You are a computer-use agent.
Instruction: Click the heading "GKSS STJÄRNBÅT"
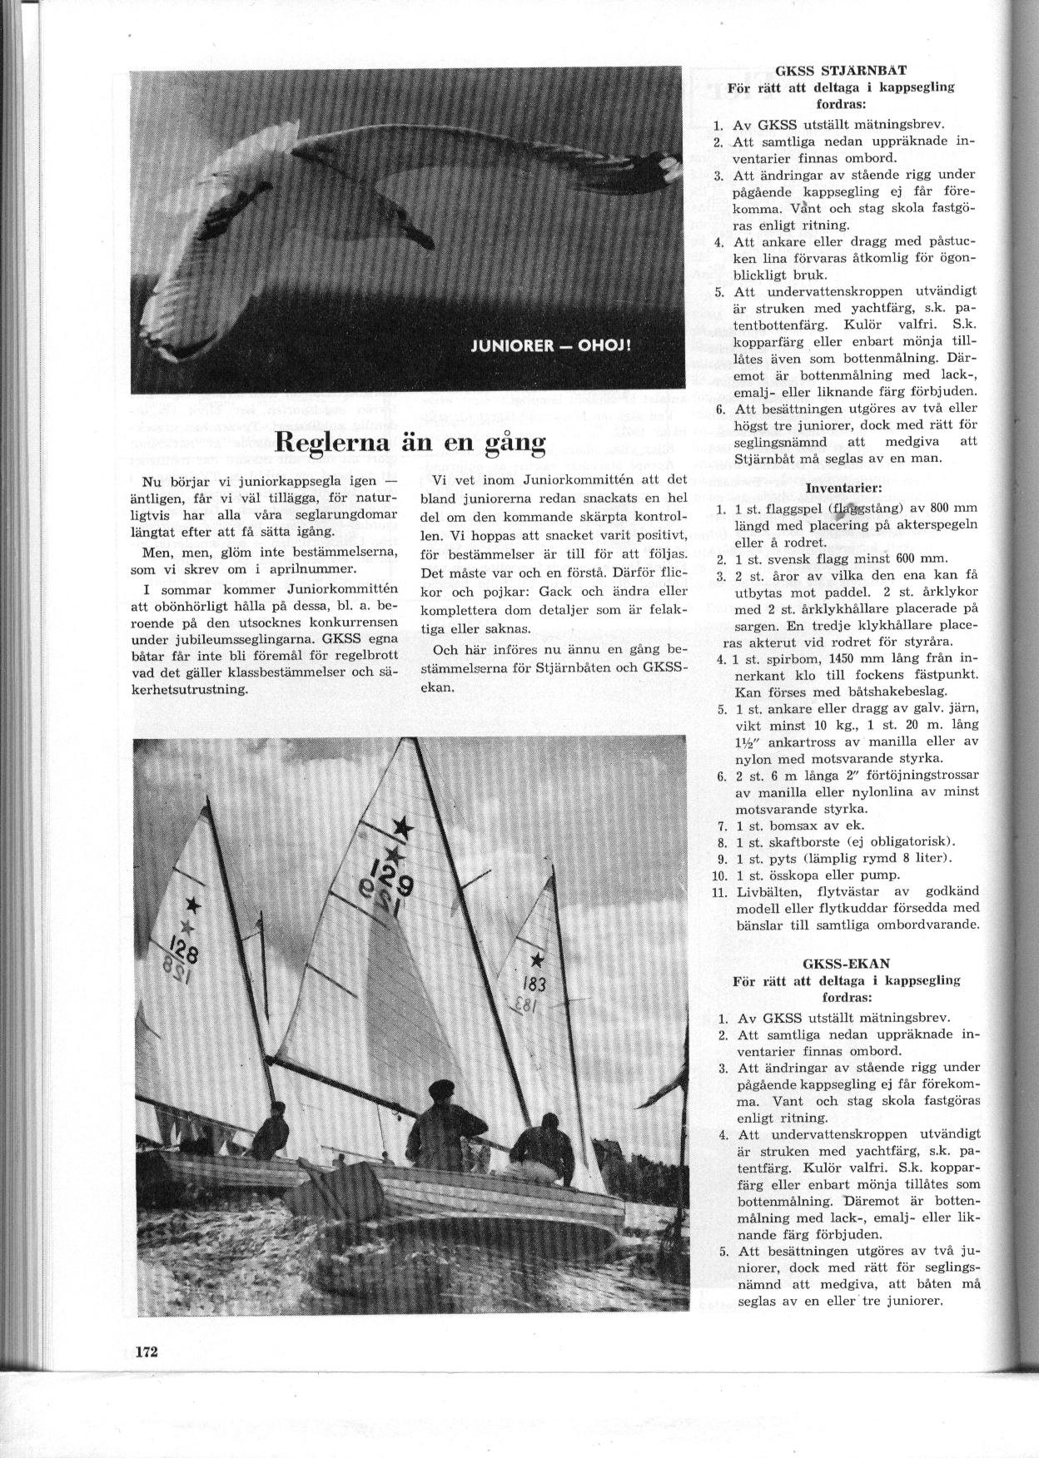(x=840, y=70)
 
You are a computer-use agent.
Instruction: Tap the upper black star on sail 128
(x=193, y=905)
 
